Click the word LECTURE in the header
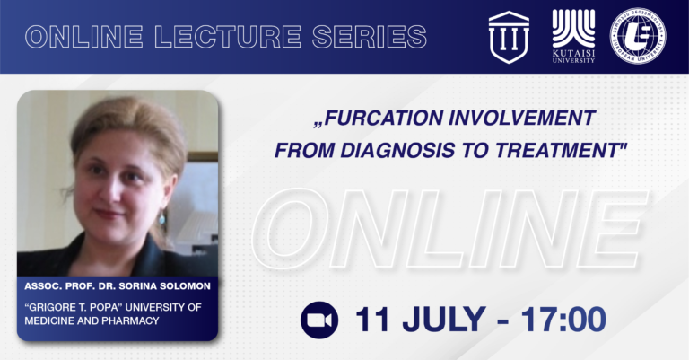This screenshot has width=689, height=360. pyautogui.click(x=228, y=37)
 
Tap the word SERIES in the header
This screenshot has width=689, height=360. pyautogui.click(x=370, y=37)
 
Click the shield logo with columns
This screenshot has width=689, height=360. pyautogui.click(x=509, y=37)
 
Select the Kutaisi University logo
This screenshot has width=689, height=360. pyautogui.click(x=573, y=36)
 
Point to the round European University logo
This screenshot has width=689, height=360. pyautogui.click(x=638, y=36)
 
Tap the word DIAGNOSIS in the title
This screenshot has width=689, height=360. pyautogui.click(x=397, y=151)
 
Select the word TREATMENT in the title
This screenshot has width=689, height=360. pyautogui.click(x=560, y=151)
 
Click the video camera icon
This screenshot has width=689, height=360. pyautogui.click(x=319, y=320)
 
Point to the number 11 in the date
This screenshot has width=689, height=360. pyautogui.click(x=372, y=320)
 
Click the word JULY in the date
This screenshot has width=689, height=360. pyautogui.click(x=444, y=320)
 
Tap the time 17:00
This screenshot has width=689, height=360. pyautogui.click(x=563, y=320)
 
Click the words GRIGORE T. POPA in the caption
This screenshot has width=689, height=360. pyautogui.click(x=72, y=307)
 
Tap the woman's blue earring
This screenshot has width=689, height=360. pyautogui.click(x=162, y=217)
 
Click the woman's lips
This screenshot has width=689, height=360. pyautogui.click(x=109, y=214)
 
